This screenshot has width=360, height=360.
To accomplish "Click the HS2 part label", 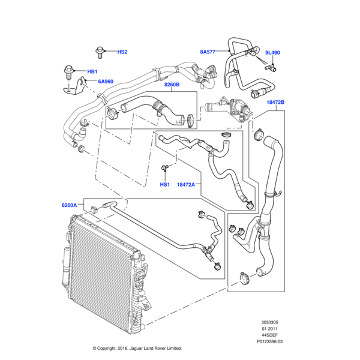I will (x=122, y=52).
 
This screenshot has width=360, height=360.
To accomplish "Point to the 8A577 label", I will (x=208, y=52).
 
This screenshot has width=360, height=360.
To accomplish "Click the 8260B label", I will (x=172, y=85).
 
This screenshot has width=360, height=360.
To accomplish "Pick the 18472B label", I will (x=275, y=103).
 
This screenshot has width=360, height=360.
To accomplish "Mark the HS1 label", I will (x=164, y=185).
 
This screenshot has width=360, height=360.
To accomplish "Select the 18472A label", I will (x=187, y=185).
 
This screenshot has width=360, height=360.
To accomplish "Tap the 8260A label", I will (x=70, y=205).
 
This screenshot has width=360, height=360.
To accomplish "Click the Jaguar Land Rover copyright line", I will (x=137, y=348).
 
